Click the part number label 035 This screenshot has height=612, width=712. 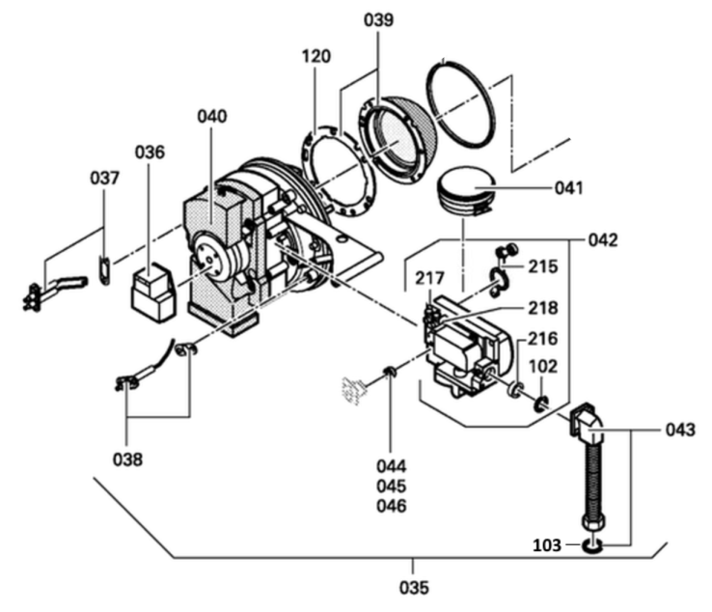tap(413, 586)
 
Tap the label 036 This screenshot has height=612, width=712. tap(150, 152)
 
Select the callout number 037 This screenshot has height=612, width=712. tap(105, 179)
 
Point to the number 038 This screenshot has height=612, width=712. tap(126, 459)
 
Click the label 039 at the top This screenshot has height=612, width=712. tap(379, 21)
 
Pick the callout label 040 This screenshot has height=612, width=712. tap(211, 117)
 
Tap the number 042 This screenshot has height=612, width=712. tap(603, 239)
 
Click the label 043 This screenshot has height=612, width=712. tap(678, 431)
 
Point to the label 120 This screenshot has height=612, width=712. tap(315, 56)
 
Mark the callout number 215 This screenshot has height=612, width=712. tap(543, 264)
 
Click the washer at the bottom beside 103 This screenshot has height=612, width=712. tap(591, 547)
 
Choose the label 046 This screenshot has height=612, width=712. tap(392, 506)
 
